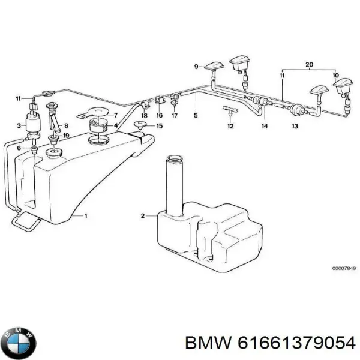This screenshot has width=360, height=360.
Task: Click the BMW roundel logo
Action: tap(19, 342)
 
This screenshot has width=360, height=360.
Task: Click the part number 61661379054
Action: tap(295, 342)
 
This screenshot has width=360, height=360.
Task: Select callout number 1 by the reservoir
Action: tap(85, 215)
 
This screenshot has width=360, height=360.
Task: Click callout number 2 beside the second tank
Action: tap(143, 215)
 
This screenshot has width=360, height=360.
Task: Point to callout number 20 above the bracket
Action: tap(309, 64)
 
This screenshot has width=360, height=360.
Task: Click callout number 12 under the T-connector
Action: tap(230, 126)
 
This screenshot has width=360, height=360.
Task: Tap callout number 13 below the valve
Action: tap(295, 127)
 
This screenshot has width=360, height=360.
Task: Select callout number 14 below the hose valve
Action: tap(265, 127)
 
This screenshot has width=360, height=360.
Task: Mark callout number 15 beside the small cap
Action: tap(159, 125)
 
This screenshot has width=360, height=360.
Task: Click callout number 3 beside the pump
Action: tap(19, 125)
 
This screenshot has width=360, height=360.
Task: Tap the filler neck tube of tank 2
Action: tap(173, 183)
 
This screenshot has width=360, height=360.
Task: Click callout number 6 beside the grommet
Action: tap(19, 148)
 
